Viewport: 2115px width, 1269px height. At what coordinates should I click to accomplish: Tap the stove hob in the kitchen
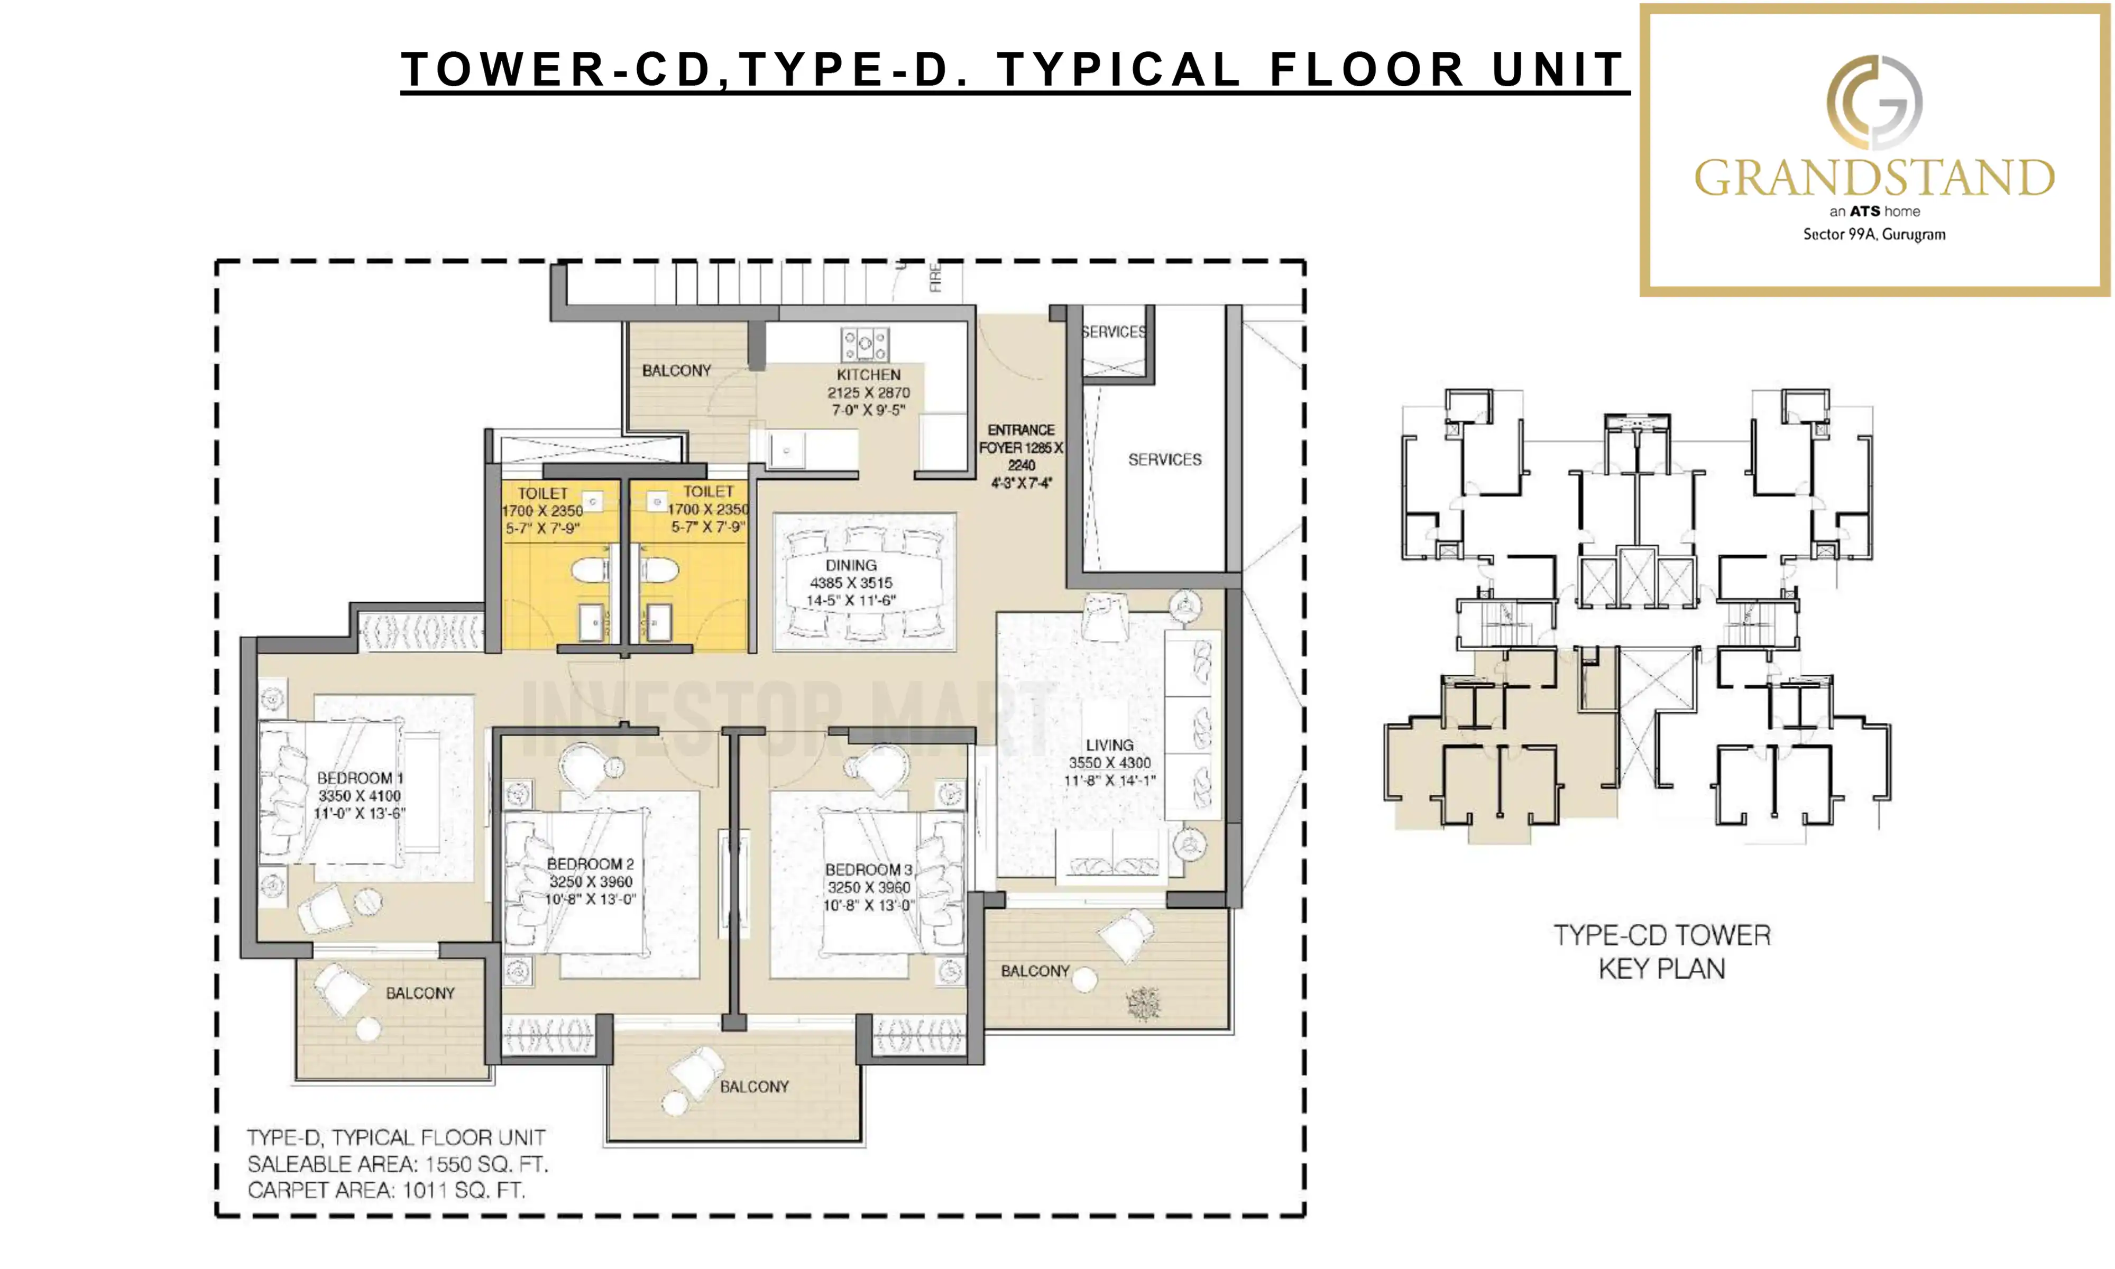click(x=865, y=345)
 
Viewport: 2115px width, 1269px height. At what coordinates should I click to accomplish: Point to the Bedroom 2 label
click(x=590, y=863)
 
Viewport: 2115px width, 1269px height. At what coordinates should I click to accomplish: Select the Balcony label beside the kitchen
click(x=676, y=370)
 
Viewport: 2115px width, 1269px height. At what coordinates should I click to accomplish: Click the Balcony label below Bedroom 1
click(x=420, y=993)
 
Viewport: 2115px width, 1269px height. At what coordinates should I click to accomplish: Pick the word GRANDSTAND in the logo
click(x=1874, y=178)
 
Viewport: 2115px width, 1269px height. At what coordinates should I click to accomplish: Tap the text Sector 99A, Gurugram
click(x=1874, y=234)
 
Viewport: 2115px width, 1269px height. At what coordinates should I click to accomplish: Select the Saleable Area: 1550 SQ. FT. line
click(x=398, y=1164)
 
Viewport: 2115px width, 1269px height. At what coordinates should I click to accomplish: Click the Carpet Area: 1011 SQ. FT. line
click(x=387, y=1190)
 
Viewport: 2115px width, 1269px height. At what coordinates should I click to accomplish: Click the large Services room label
click(x=1164, y=459)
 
